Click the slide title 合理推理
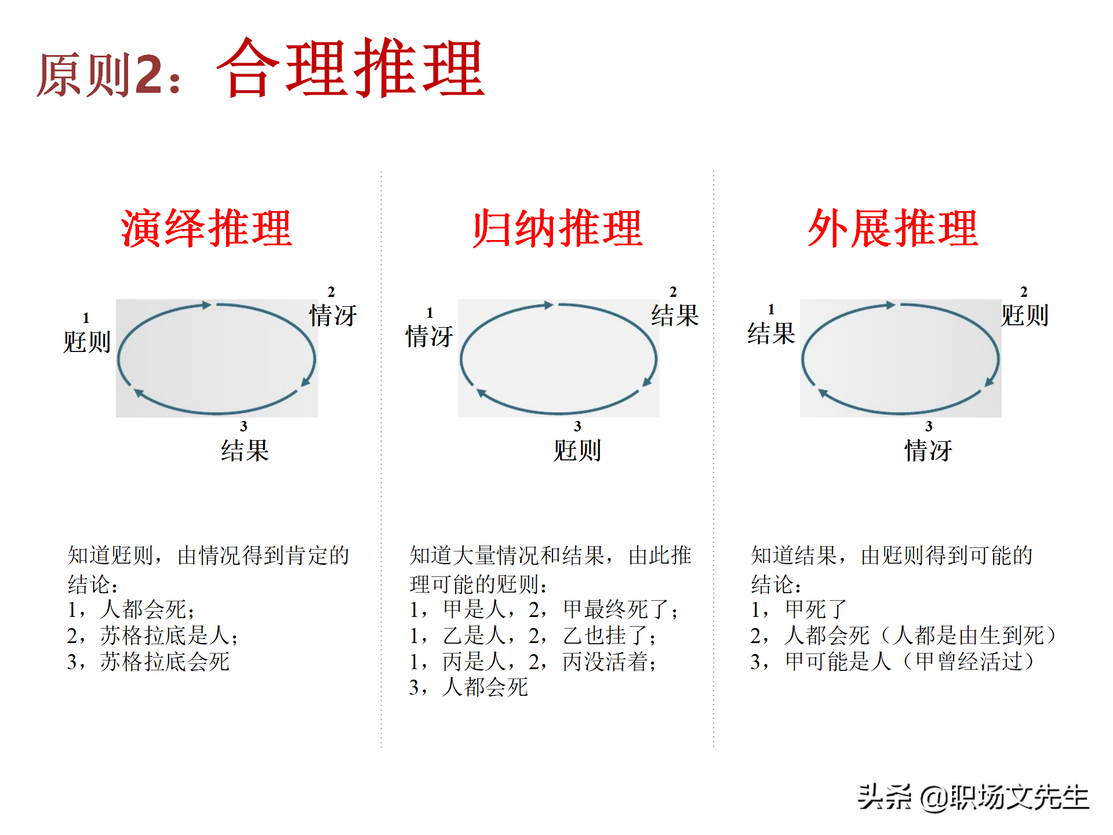tap(351, 68)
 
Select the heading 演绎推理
tap(206, 228)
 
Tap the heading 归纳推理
tap(558, 228)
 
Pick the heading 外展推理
tap(893, 228)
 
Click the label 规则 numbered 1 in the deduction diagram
tap(87, 342)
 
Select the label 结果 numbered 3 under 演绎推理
tap(245, 451)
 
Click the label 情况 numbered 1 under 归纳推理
tap(429, 336)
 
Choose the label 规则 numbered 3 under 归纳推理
tap(577, 451)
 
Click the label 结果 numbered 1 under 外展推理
tap(771, 333)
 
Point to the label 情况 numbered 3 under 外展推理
tap(929, 451)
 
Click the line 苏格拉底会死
tap(165, 662)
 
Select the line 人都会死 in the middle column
tap(485, 687)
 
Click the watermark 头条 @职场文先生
tap(973, 797)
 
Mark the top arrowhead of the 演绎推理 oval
tap(206, 305)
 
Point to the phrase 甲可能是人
tap(838, 662)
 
